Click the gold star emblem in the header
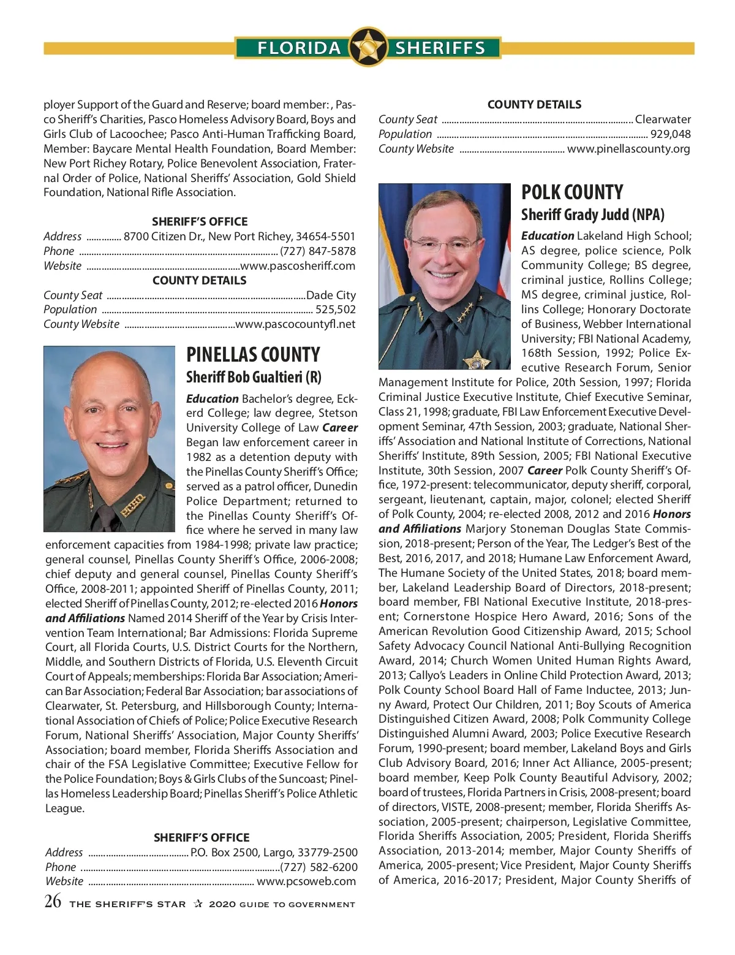pos(367,47)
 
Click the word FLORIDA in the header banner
pos(299,48)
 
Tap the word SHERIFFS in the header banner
pos(440,48)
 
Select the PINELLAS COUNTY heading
pos(253,355)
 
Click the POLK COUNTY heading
pos(572,192)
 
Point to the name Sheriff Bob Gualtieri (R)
pos(254,377)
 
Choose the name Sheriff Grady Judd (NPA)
pos(592,215)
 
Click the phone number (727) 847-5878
pos(317,251)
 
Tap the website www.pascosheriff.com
pos(298,266)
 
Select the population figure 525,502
pos(335,310)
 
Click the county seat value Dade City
pos(331,295)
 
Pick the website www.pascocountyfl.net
pos(295,324)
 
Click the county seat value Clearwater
pos(663,120)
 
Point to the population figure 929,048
pos(670,134)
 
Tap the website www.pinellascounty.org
pos(628,149)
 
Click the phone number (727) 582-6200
pos(318,867)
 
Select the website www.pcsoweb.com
pos(306,882)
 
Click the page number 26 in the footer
pos(53,902)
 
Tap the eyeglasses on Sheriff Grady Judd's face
pos(444,246)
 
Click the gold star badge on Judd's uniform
pos(477,359)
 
